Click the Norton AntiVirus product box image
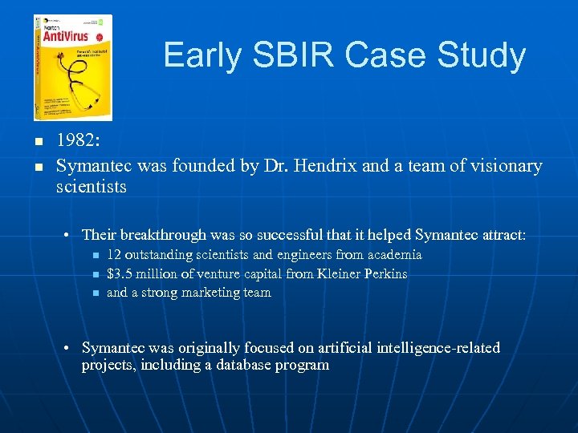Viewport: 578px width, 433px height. (x=72, y=67)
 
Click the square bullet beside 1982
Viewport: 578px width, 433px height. (x=37, y=142)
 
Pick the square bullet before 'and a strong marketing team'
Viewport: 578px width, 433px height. (x=94, y=293)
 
